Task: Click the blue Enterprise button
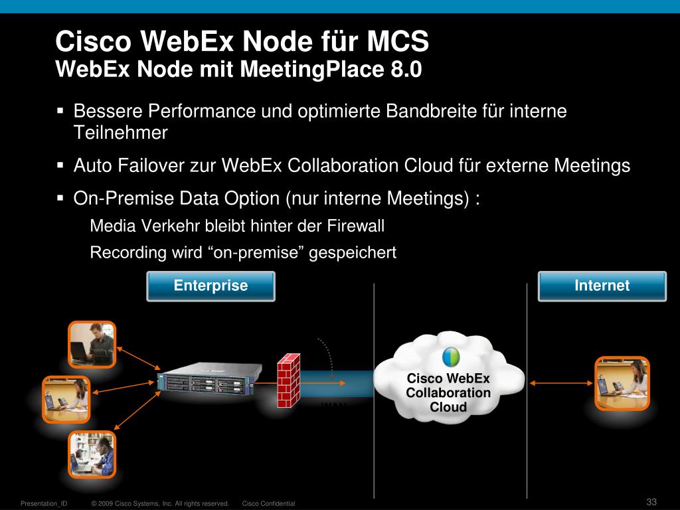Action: [211, 286]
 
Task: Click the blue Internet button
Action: [602, 286]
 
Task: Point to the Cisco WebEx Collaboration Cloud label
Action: [448, 392]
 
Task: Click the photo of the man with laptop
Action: [92, 345]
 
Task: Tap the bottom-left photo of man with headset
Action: [92, 454]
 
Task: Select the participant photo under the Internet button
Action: [622, 383]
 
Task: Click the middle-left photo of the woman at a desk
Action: [65, 400]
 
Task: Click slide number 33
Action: [651, 501]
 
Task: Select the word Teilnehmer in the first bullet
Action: [120, 133]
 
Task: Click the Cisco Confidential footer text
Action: [268, 504]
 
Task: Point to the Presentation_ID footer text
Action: [44, 504]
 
